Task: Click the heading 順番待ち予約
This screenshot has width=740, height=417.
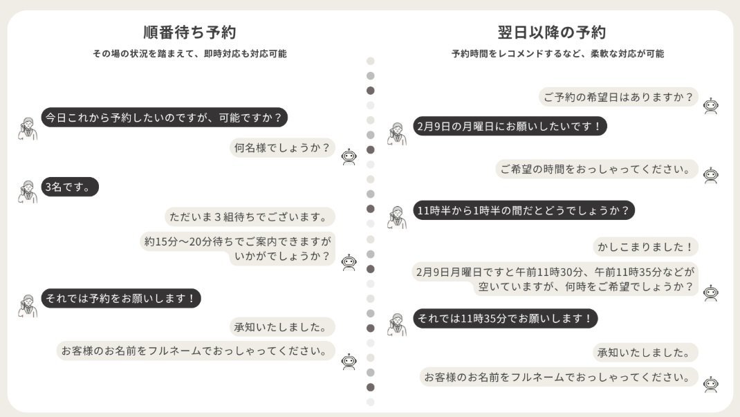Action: pos(189,33)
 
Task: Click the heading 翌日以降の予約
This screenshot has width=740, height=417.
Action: pos(552,33)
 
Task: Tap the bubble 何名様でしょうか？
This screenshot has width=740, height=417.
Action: pos(282,148)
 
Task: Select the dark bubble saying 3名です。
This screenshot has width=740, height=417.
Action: pos(70,187)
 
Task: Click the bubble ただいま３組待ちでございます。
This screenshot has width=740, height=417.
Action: pos(250,217)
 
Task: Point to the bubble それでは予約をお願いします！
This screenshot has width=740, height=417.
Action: pos(121,298)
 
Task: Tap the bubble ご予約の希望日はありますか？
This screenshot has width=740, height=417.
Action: pos(618,98)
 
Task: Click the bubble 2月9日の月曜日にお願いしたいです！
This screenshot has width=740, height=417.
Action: pos(510,127)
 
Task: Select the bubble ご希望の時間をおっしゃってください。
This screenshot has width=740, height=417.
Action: pos(597,169)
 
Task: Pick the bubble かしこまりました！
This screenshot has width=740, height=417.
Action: pos(645,247)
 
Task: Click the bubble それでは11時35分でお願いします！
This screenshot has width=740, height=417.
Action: pos(506,318)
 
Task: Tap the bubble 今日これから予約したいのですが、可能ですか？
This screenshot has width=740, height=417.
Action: pos(164,118)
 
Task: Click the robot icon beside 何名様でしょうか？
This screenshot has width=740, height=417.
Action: pos(349,156)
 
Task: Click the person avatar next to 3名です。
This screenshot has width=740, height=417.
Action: pos(28,192)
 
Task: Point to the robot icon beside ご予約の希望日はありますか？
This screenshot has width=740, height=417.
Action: pos(711,106)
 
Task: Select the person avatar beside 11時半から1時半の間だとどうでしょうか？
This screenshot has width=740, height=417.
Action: pos(397,217)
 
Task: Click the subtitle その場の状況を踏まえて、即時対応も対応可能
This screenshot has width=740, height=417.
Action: pos(189,54)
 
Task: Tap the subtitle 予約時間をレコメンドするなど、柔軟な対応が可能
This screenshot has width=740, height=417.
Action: pos(558,54)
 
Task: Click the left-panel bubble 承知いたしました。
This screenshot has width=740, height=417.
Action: pos(282,327)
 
